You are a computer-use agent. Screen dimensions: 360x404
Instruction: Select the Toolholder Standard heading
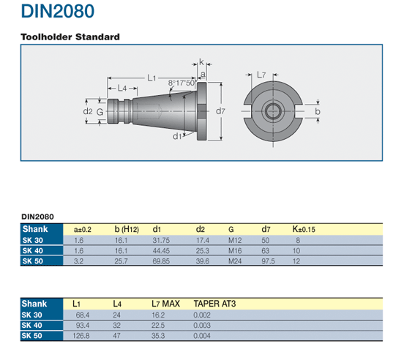pyautogui.click(x=70, y=37)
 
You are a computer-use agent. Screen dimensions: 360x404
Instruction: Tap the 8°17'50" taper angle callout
pyautogui.click(x=182, y=83)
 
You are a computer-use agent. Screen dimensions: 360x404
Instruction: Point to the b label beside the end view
pyautogui.click(x=318, y=111)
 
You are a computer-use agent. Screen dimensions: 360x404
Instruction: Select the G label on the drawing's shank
pyautogui.click(x=100, y=112)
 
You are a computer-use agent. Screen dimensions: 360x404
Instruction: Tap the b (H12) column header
pyautogui.click(x=126, y=230)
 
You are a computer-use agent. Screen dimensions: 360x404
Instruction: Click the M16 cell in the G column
pyautogui.click(x=234, y=250)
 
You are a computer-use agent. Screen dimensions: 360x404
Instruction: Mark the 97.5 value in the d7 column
pyautogui.click(x=269, y=260)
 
